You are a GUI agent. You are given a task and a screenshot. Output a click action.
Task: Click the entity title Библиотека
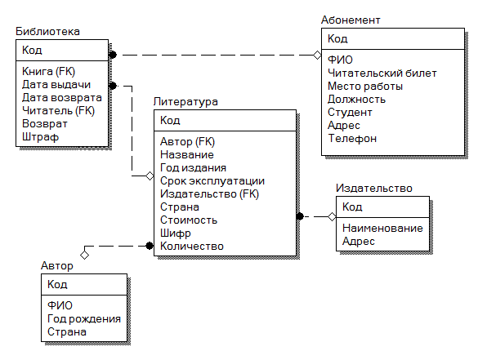[47, 31]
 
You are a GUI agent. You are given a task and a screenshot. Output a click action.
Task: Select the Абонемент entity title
[351, 20]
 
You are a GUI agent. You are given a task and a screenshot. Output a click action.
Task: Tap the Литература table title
[185, 102]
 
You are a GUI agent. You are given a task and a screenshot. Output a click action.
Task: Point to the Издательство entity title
[374, 189]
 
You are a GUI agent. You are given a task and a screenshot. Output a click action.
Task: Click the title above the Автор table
[57, 266]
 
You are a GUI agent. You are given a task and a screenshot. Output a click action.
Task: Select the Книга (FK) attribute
[48, 71]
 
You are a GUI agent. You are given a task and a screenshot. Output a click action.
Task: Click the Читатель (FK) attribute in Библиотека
[58, 110]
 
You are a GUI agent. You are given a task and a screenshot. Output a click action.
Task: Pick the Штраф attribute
[40, 137]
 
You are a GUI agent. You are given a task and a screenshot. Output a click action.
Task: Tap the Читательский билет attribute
[382, 73]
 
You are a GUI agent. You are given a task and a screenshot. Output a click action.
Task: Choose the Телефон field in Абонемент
[352, 139]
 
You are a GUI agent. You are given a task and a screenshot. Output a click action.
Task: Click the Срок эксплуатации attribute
[212, 181]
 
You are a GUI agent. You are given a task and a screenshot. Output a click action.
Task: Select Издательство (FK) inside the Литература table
[209, 194]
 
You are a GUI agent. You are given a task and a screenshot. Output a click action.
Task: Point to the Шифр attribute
[176, 233]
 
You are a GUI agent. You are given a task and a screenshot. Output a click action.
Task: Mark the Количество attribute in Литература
[192, 246]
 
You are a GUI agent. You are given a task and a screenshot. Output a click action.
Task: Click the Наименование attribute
[382, 228]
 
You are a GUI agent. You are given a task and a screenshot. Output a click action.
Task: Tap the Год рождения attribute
[84, 319]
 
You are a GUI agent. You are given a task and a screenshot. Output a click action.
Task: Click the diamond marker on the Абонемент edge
[317, 56]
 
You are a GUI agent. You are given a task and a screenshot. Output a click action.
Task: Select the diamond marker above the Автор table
[84, 255]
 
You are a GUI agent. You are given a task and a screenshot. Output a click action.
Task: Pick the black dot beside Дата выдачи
[113, 86]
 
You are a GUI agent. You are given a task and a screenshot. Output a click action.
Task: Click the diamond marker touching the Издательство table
[332, 216]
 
